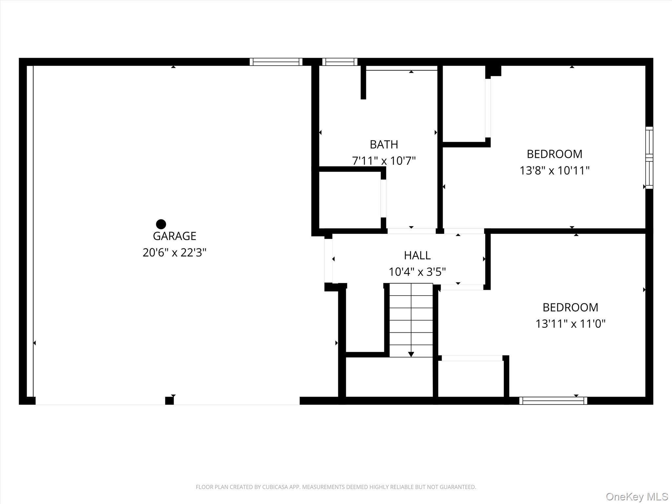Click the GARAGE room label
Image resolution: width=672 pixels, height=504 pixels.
coord(175,236)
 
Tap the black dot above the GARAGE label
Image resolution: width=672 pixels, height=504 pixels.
coord(161,224)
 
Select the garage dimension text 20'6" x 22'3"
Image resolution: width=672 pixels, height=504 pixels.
coord(175,252)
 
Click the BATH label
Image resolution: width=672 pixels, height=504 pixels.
coord(384,144)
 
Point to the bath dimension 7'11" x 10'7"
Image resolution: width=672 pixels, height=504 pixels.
coord(384,161)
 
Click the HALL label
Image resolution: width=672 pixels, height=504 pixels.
coord(417,255)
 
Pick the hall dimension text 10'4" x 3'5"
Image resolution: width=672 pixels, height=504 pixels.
coord(417,272)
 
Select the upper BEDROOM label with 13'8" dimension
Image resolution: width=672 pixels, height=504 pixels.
coord(555,154)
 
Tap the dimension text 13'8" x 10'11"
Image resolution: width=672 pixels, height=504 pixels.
coord(555,170)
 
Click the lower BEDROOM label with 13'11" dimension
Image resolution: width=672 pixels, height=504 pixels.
coord(571,307)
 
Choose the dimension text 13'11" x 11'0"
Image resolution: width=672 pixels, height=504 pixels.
coord(571,324)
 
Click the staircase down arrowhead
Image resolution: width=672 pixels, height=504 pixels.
coord(411,354)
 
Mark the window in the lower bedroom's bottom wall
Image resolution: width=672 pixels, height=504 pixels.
coord(553,401)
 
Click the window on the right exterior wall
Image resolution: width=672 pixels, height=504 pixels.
coord(649,158)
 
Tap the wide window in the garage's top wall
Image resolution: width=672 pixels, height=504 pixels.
coord(276,62)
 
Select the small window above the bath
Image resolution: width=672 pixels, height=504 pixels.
coord(340,62)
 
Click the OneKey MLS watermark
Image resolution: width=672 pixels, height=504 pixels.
coord(637,496)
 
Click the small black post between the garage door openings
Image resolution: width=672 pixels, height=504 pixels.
coord(169,401)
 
